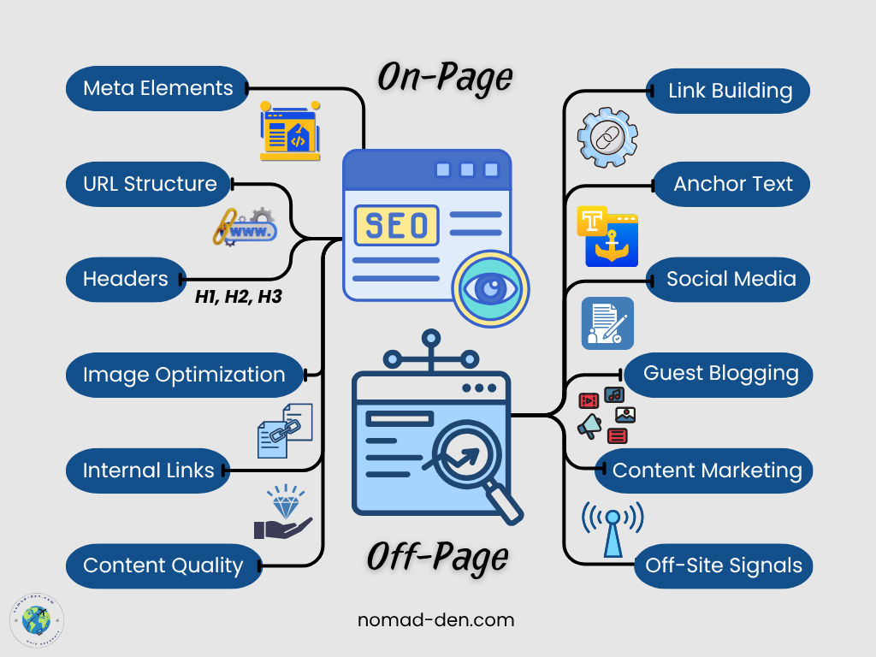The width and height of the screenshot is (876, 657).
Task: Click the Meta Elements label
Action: click(x=157, y=88)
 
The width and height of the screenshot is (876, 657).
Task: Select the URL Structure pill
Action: click(x=150, y=184)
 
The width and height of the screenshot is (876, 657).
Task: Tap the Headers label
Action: click(x=126, y=279)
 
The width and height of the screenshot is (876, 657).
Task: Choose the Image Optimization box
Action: click(x=184, y=375)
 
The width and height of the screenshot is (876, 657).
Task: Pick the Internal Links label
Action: click(x=148, y=471)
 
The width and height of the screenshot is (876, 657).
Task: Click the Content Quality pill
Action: click(x=163, y=565)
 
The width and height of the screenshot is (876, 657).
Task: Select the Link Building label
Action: click(x=730, y=91)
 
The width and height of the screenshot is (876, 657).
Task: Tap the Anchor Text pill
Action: click(x=732, y=184)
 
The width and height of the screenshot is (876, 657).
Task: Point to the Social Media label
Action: click(x=731, y=279)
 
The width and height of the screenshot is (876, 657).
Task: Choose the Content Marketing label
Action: click(x=707, y=471)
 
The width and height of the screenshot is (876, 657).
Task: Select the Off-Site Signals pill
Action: click(x=723, y=565)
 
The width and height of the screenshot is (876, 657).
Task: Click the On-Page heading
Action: click(x=445, y=78)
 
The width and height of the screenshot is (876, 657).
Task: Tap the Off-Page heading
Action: click(x=437, y=557)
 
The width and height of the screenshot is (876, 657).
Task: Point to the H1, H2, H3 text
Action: click(x=238, y=298)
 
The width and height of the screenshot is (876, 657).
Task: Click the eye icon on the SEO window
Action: click(x=490, y=288)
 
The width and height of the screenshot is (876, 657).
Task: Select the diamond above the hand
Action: click(x=283, y=502)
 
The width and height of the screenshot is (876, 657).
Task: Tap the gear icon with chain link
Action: click(x=607, y=136)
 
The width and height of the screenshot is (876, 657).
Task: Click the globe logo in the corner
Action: click(x=37, y=619)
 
